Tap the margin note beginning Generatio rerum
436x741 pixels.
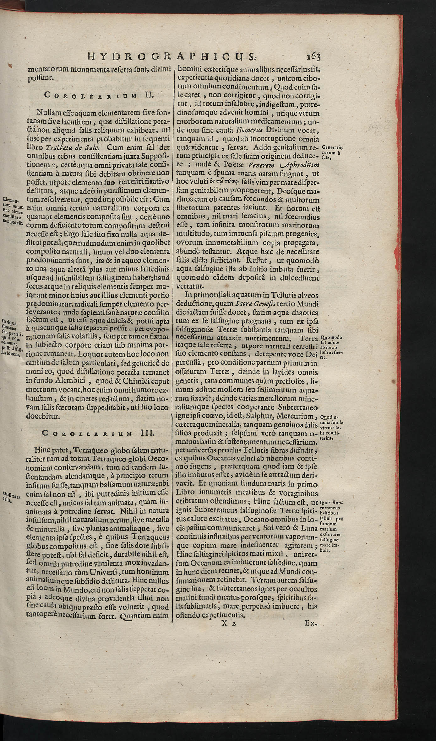[x=332, y=152]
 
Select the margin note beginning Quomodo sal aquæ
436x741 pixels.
[x=331, y=347]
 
